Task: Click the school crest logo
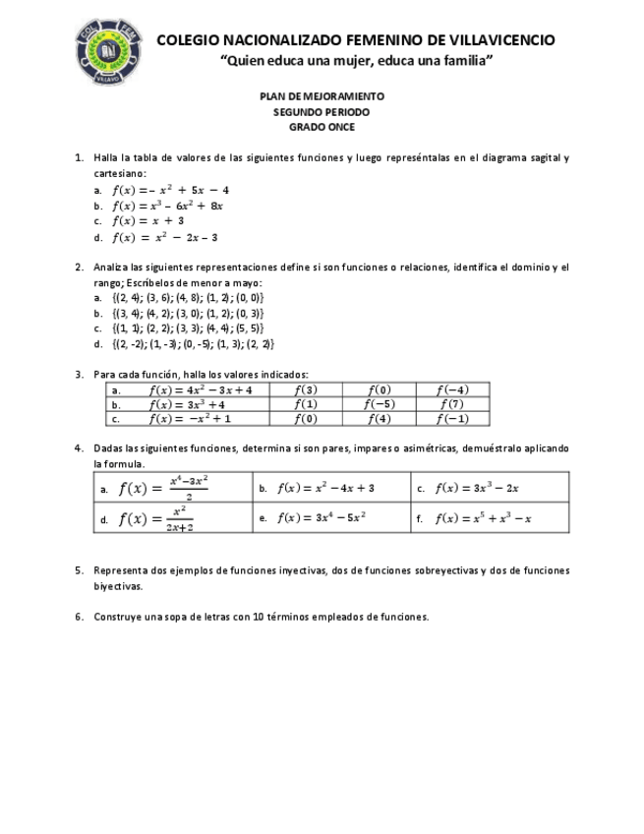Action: pyautogui.click(x=109, y=50)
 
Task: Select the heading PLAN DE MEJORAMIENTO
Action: pyautogui.click(x=322, y=96)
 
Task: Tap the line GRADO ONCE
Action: pyautogui.click(x=322, y=127)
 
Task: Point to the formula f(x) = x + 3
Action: pyautogui.click(x=147, y=221)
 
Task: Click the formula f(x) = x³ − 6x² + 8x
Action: pyautogui.click(x=168, y=206)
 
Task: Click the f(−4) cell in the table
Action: pyautogui.click(x=452, y=389)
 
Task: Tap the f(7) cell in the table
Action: pyautogui.click(x=452, y=404)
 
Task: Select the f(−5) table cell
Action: pyautogui.click(x=379, y=404)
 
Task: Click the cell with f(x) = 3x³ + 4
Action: pyautogui.click(x=188, y=404)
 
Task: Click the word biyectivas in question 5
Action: pyautogui.click(x=118, y=586)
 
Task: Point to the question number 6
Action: pyautogui.click(x=80, y=618)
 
